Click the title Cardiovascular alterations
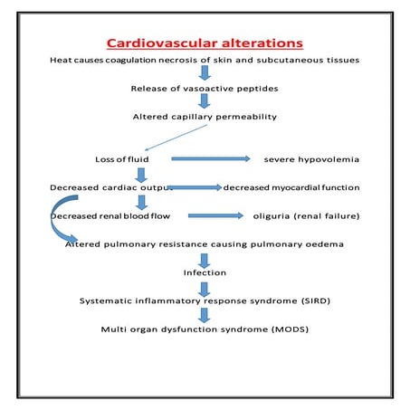click(205, 43)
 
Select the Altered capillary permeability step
click(205, 117)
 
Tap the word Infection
click(205, 272)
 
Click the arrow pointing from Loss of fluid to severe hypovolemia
click(210, 159)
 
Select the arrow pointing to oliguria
click(215, 215)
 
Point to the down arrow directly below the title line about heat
click(205, 74)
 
